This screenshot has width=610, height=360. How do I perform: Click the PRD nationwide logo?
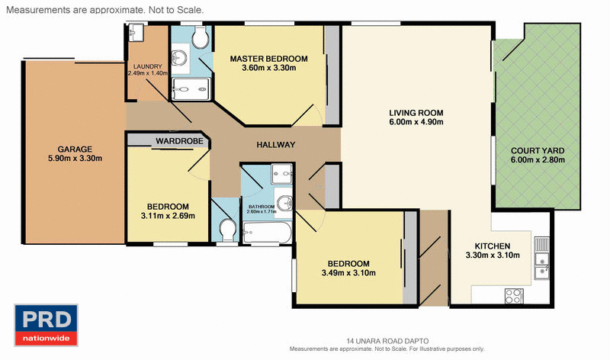click(x=46, y=325)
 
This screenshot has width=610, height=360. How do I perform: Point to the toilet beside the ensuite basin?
click(x=201, y=37)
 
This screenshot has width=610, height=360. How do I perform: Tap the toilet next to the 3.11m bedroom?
click(x=226, y=228)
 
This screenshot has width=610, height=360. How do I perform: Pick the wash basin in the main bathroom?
click(x=283, y=203)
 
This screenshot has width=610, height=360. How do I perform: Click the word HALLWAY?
click(x=275, y=145)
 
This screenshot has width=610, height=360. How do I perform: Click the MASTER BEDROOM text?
click(x=268, y=59)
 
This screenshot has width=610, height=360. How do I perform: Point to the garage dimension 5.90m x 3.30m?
click(x=75, y=159)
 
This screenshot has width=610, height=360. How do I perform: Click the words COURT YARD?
click(x=538, y=150)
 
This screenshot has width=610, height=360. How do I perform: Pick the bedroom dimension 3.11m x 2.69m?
click(x=168, y=216)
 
